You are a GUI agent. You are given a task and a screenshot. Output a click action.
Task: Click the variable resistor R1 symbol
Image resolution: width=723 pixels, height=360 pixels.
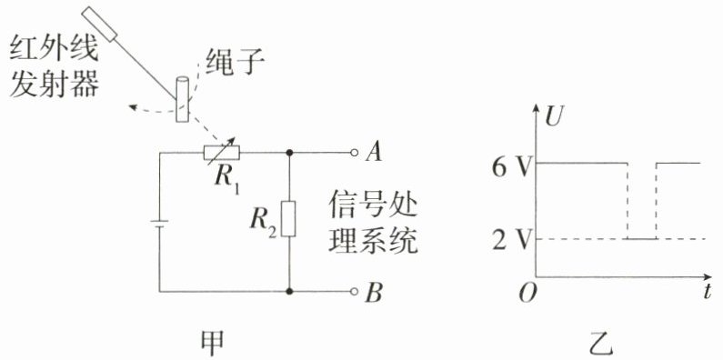pos(221,153)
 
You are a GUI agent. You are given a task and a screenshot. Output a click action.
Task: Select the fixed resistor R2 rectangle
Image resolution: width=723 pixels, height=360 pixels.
pos(288,218)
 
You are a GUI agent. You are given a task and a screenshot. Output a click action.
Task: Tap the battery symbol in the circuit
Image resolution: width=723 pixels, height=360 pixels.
pos(159,225)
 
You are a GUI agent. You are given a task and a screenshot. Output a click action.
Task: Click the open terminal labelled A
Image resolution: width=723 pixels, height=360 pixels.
pos(354,153)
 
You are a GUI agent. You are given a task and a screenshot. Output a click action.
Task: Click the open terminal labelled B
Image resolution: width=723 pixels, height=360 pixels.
pos(354,291)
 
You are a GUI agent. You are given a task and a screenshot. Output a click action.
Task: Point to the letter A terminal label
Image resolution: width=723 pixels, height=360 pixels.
pos(374,153)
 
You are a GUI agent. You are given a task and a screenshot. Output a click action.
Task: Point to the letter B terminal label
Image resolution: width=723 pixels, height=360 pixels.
pos(374,293)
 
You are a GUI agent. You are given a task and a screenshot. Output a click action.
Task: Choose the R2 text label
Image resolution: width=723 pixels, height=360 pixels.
pos(264,222)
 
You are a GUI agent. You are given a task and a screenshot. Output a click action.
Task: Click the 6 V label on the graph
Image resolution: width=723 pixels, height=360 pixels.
pos(507,169)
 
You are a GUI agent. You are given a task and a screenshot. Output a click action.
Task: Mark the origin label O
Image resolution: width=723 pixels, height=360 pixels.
pos(527,294)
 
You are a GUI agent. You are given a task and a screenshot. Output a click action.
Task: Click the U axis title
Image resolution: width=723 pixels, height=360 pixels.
pos(552,118)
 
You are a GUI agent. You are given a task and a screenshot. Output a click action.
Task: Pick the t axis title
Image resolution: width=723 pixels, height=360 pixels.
pos(708,292)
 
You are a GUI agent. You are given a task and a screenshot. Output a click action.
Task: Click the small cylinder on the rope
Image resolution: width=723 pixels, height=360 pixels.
pos(182,100)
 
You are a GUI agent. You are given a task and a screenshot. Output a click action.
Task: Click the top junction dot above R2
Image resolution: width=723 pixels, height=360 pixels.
pos(289,153)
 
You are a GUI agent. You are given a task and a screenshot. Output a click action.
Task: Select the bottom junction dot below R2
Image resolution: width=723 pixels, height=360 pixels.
pos(289,291)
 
